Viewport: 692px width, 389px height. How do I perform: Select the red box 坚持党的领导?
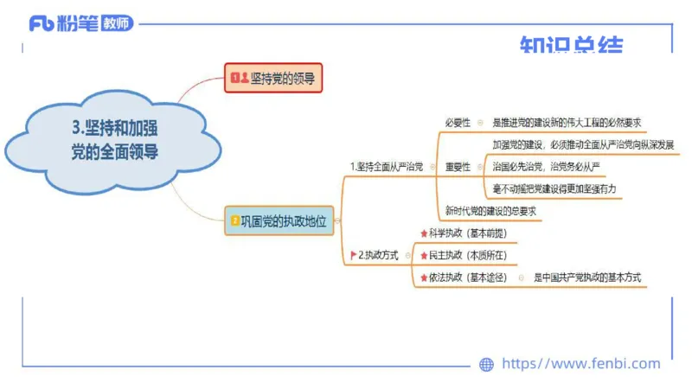tap(272, 79)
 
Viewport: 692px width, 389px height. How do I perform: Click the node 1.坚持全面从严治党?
tap(386, 166)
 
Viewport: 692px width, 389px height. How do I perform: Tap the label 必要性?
tap(458, 123)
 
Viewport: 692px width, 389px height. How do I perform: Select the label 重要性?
tap(458, 166)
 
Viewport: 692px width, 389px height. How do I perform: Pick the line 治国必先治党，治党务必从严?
tap(546, 166)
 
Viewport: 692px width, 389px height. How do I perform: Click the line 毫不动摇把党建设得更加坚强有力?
tap(554, 188)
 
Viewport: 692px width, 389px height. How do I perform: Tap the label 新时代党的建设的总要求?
tap(490, 210)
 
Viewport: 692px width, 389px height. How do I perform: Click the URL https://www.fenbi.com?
tap(580, 364)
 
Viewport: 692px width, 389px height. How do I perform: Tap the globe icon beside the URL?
tap(486, 365)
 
